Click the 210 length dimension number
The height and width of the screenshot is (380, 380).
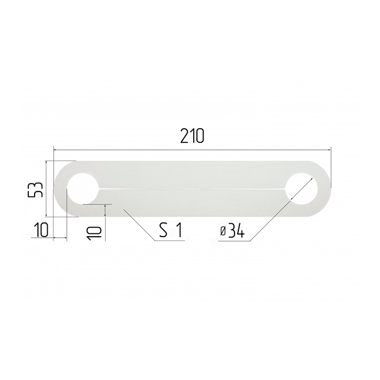[192, 136]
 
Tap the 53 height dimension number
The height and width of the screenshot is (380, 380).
[35, 190]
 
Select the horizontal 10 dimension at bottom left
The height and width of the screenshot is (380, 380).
[41, 230]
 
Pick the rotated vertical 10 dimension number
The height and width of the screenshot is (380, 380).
[94, 233]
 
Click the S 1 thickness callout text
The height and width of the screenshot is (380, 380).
[170, 230]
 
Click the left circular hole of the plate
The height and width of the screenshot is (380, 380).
[83, 188]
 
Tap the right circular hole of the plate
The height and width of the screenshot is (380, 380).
[301, 188]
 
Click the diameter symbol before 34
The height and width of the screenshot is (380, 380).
[223, 232]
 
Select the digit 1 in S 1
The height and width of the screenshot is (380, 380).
[179, 230]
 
